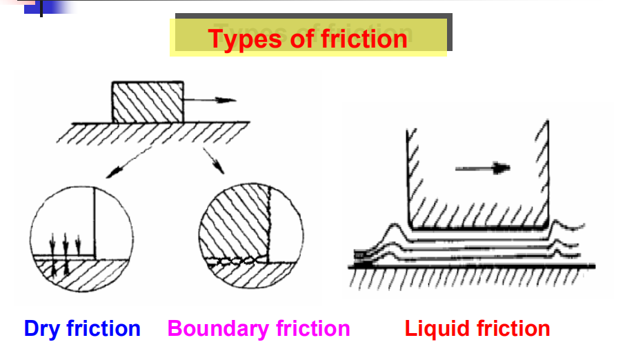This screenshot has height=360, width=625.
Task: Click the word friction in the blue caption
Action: click(x=103, y=329)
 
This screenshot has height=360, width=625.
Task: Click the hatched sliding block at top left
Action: click(x=148, y=103)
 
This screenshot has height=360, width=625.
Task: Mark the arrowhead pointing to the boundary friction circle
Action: click(x=220, y=170)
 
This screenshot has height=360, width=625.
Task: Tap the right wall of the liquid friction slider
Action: click(x=549, y=172)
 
